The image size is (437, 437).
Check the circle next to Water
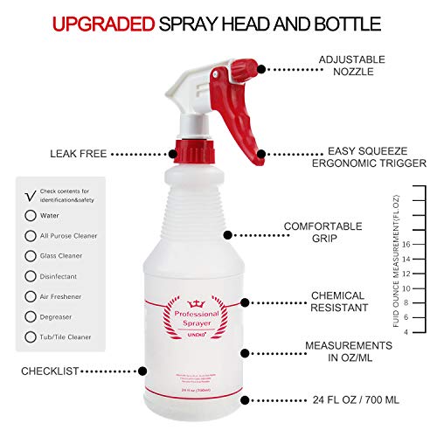click(x=31, y=214)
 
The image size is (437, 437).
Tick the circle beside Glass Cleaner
click(x=31, y=255)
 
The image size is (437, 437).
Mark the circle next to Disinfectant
click(x=31, y=276)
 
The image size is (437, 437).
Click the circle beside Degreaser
click(x=31, y=316)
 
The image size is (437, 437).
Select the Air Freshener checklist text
click(x=67, y=296)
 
